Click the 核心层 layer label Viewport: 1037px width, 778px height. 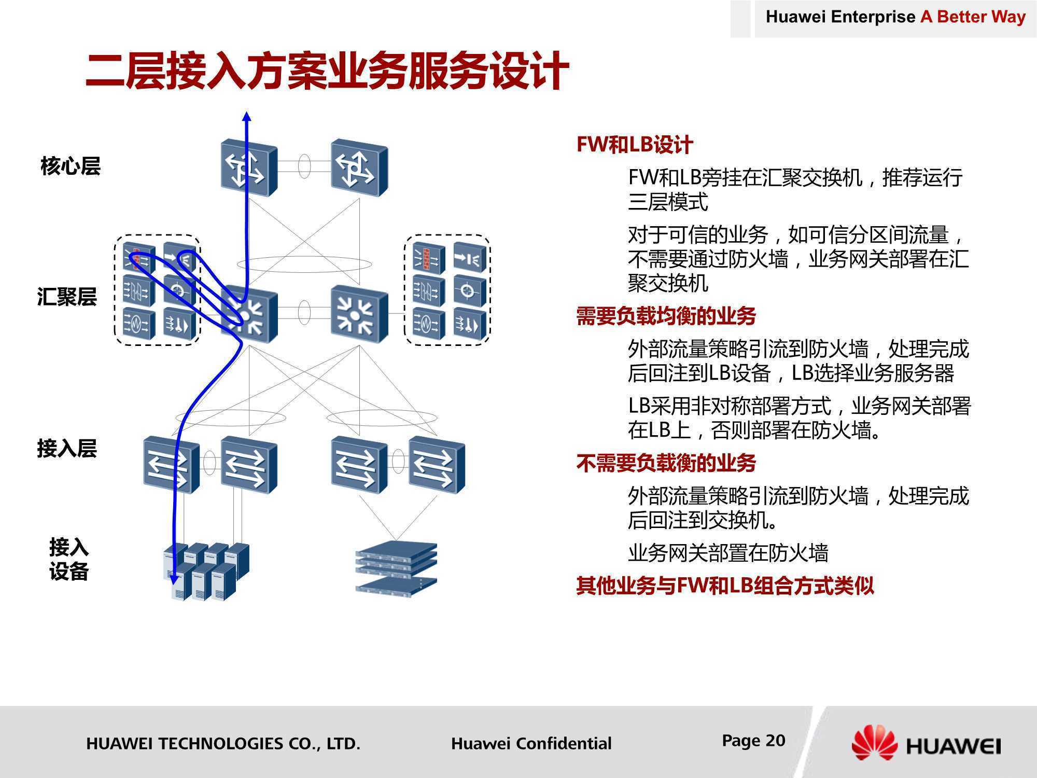[x=71, y=166]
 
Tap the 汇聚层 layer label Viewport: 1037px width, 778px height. [x=67, y=297]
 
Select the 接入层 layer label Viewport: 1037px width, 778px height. [x=67, y=449]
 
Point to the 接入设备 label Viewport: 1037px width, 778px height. [x=69, y=559]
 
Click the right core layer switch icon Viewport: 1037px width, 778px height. [x=359, y=168]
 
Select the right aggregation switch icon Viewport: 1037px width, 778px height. [x=359, y=314]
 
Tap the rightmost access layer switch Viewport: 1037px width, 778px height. [x=437, y=465]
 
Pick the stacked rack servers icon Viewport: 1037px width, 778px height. [x=397, y=569]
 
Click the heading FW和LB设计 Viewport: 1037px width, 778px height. [x=635, y=145]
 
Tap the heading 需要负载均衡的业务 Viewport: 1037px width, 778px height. [x=666, y=316]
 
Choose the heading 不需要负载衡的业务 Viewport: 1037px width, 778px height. [x=666, y=463]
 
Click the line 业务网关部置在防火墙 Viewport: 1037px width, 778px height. [x=728, y=553]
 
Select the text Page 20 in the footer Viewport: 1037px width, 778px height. [x=754, y=741]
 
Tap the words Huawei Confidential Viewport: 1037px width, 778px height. [x=531, y=743]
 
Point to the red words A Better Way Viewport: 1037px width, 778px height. [x=973, y=17]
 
